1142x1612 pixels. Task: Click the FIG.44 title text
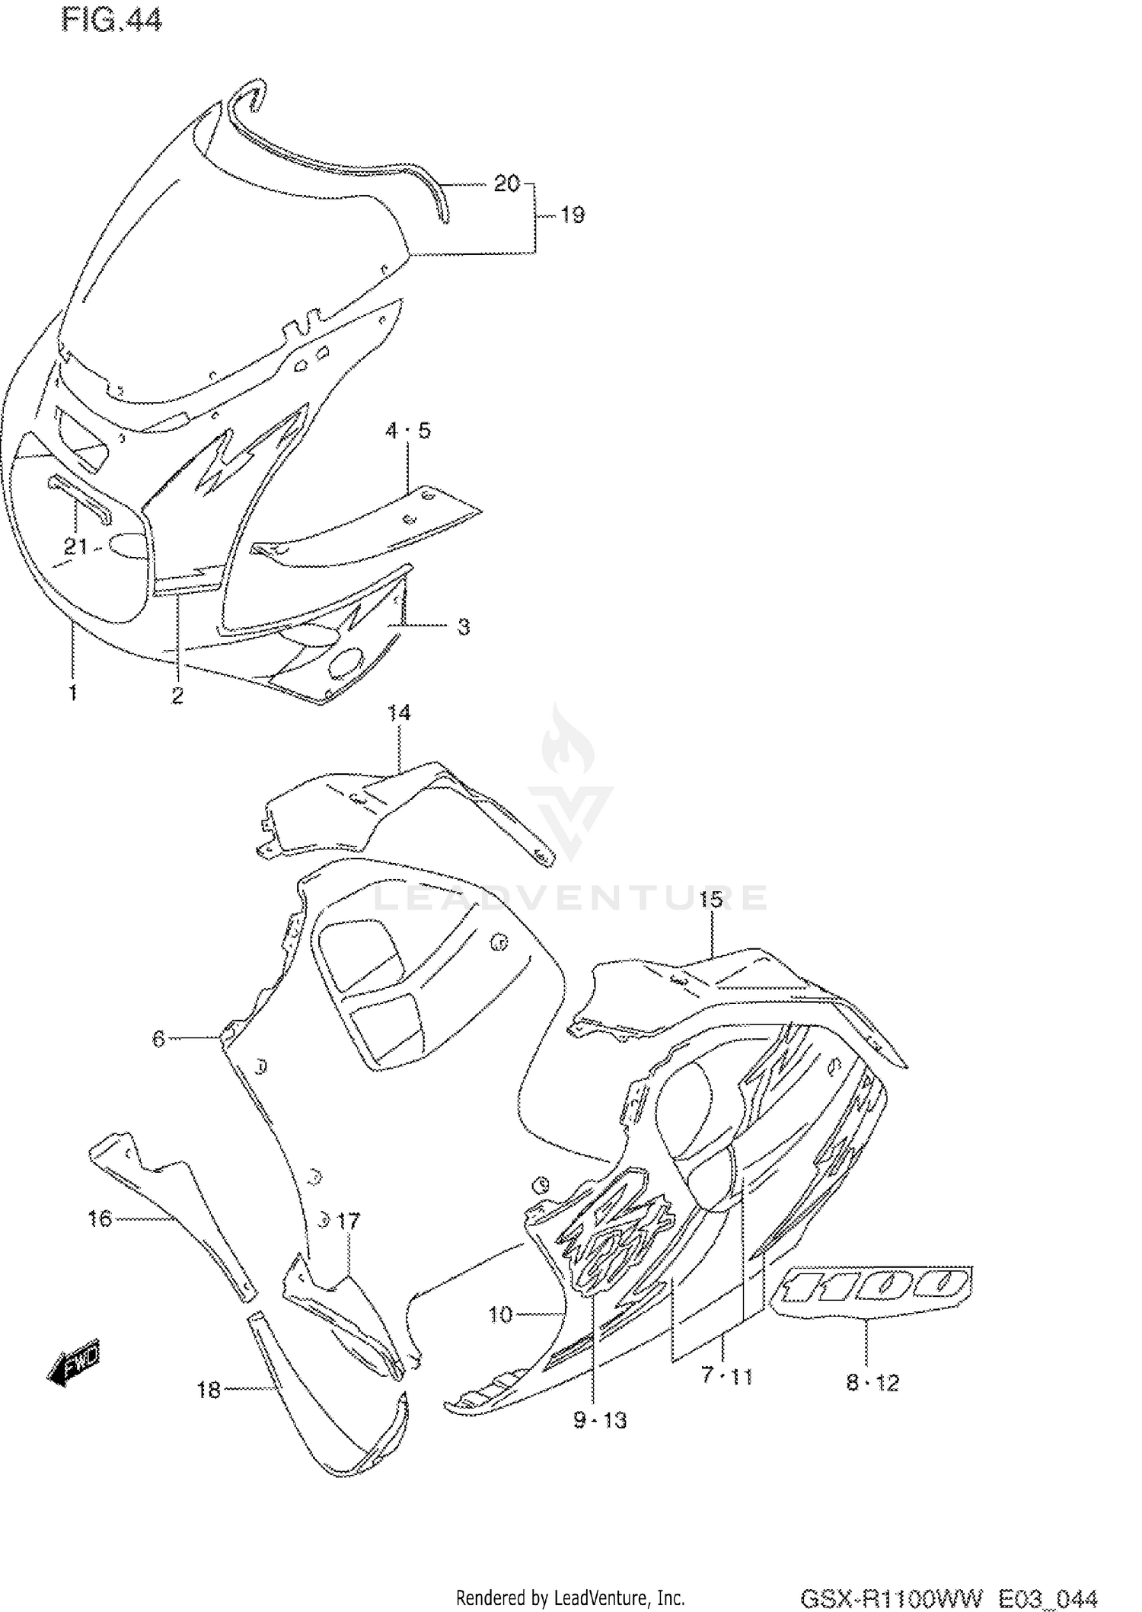point(111,21)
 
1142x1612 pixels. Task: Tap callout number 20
point(506,183)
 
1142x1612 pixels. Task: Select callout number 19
point(573,215)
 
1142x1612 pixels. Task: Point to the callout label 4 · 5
point(407,431)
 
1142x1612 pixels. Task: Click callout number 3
point(464,627)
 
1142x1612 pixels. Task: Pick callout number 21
point(75,546)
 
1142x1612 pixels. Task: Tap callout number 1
point(73,693)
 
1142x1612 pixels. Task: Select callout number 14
point(399,712)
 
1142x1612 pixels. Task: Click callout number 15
point(710,900)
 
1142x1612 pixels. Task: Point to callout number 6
point(158,1038)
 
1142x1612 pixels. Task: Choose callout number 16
point(100,1219)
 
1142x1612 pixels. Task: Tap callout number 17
point(348,1222)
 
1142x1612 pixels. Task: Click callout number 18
point(209,1390)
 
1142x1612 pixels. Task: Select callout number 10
point(500,1314)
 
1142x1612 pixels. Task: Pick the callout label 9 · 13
point(601,1419)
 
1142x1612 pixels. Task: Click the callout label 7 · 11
point(726,1376)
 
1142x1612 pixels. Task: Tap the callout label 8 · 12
point(872,1382)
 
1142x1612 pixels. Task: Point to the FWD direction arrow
point(74,1360)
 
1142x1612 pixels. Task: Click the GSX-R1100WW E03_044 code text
point(948,1597)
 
